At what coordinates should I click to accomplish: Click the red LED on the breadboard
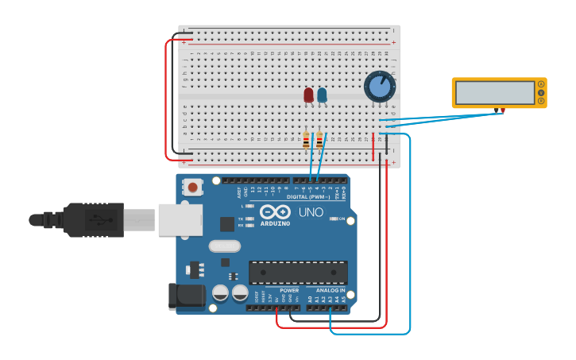308,95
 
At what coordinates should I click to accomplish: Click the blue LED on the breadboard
322,95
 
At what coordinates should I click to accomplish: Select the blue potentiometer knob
380,86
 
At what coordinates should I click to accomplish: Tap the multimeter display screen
494,92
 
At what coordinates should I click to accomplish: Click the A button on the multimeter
541,84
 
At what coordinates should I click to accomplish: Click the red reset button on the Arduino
191,187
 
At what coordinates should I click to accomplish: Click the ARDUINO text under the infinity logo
275,223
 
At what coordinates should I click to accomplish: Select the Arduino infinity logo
275,211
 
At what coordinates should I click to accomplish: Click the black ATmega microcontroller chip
298,273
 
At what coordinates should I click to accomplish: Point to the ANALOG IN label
330,290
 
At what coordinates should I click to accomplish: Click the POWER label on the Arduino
289,290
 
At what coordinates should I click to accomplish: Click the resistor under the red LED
307,141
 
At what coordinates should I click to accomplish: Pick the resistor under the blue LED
319,141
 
